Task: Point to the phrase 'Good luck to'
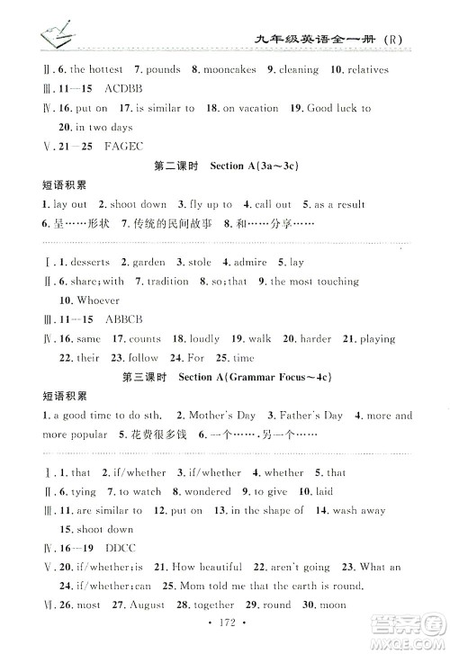point(339,108)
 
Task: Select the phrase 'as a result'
point(337,204)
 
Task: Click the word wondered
point(207,491)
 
